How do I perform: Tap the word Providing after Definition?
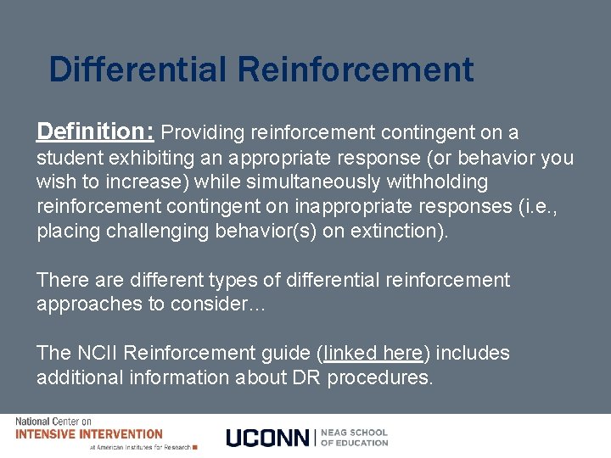[x=201, y=132]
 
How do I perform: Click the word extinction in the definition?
[x=391, y=232]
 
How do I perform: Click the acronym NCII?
[x=99, y=354]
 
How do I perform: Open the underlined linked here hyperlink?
[x=373, y=354]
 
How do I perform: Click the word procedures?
[x=382, y=378]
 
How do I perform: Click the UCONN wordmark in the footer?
[x=268, y=437]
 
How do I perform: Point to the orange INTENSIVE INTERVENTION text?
[x=88, y=434]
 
